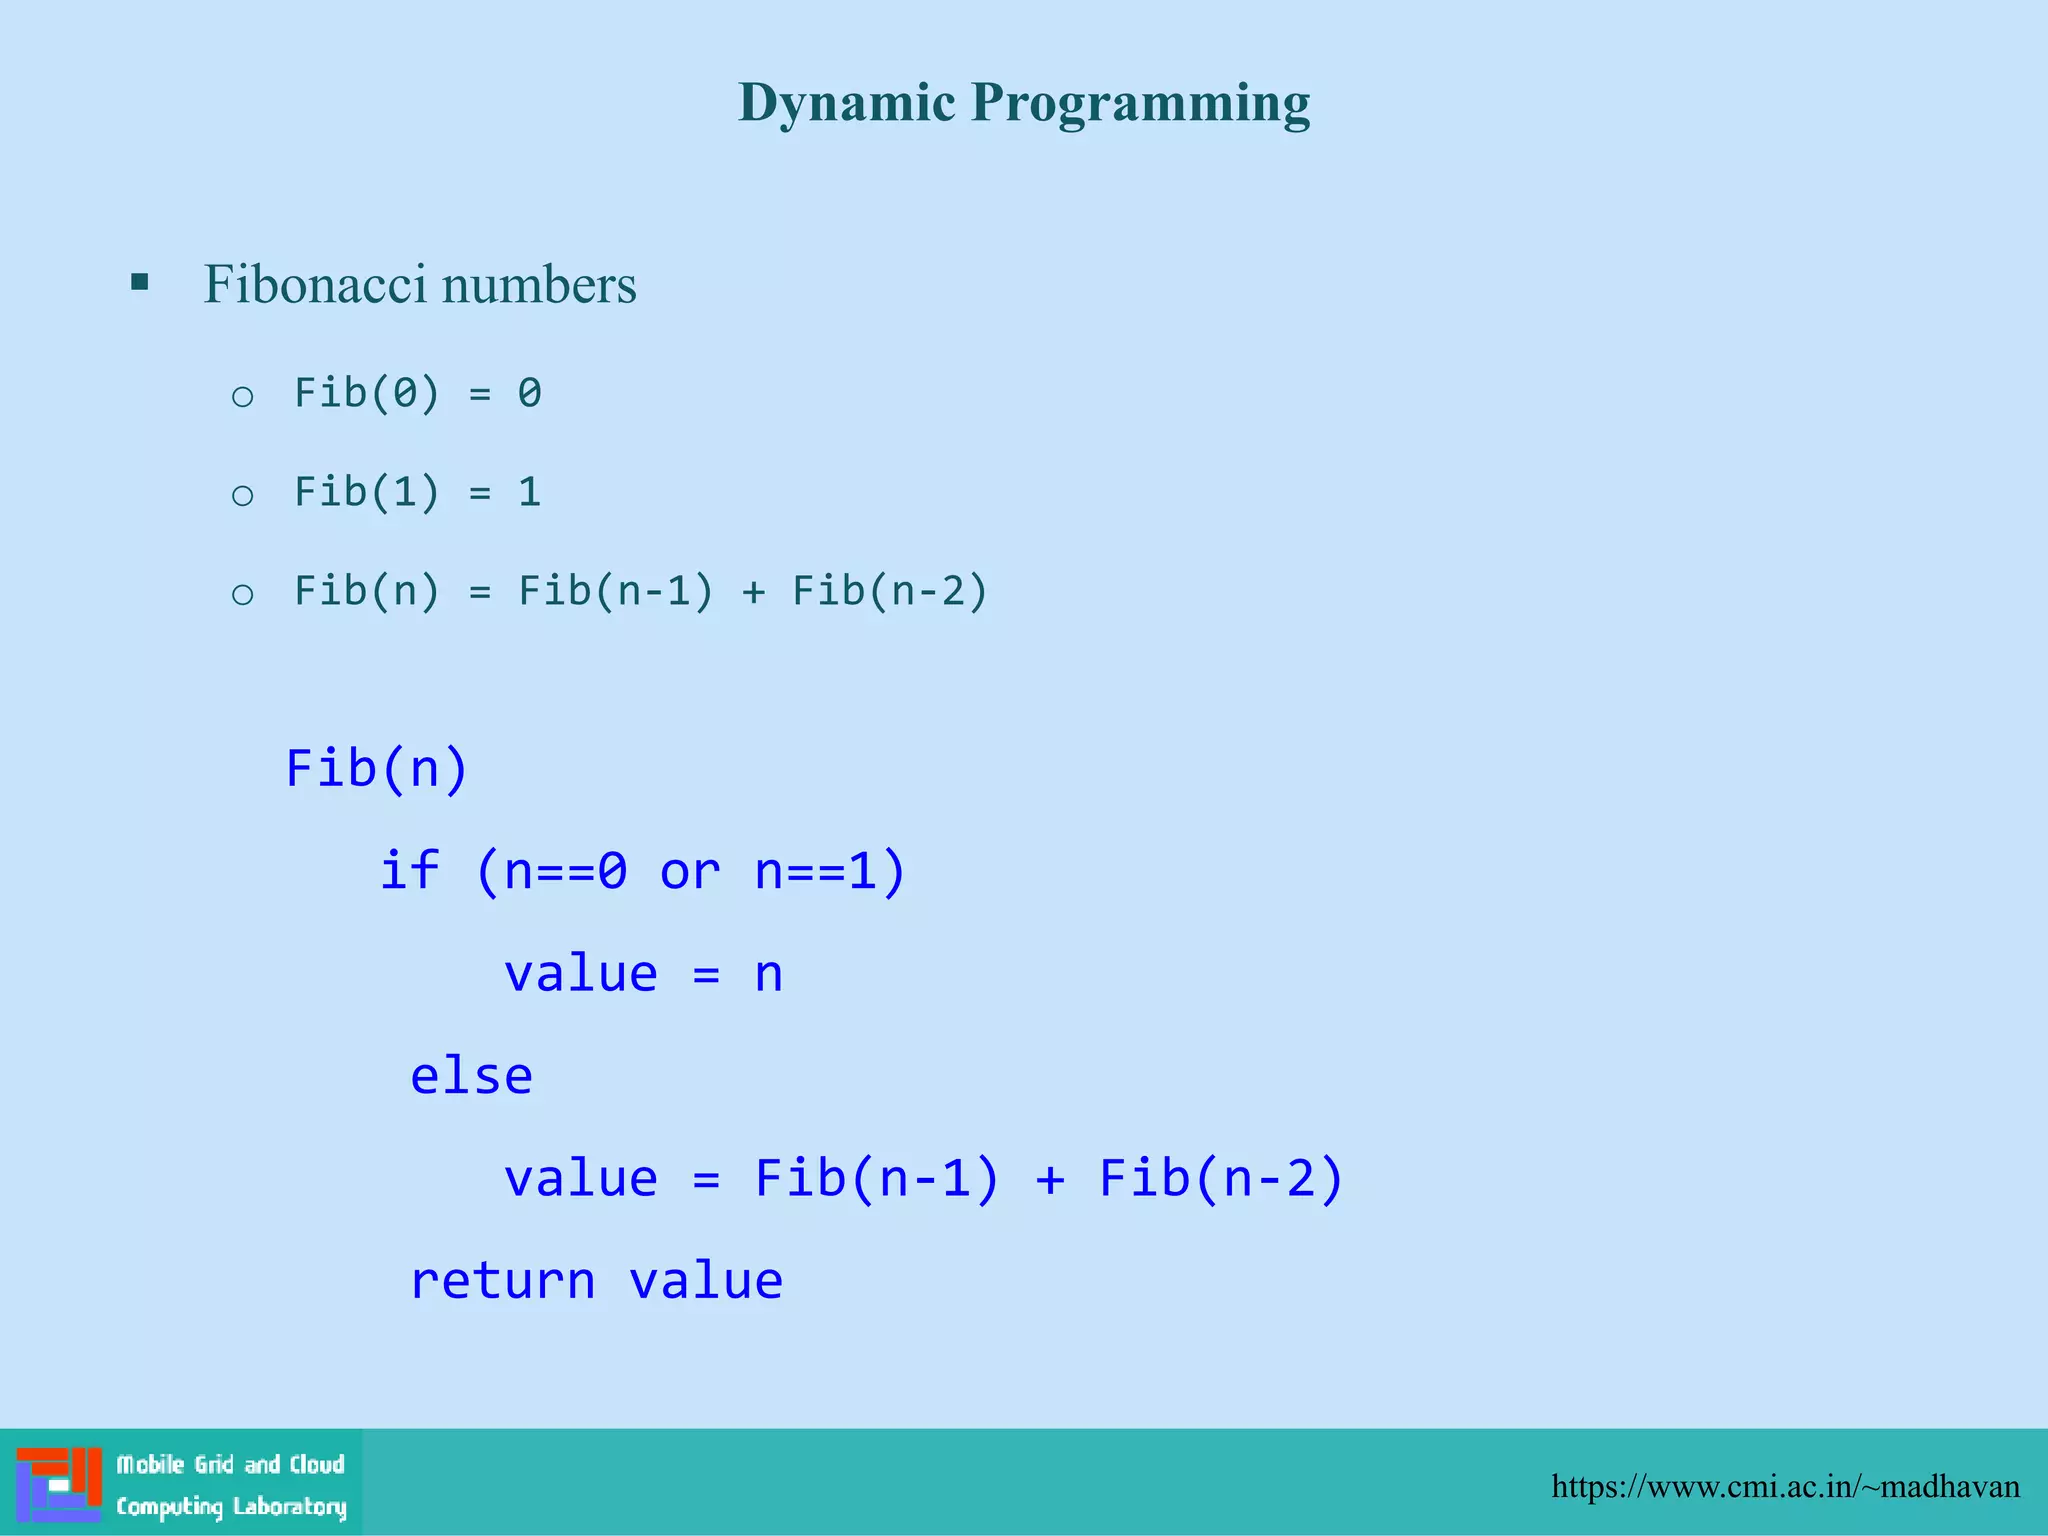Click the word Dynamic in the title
[x=846, y=104]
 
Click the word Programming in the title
[x=1140, y=104]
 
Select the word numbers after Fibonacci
[x=539, y=284]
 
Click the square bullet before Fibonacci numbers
[x=140, y=282]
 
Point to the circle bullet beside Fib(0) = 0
[x=242, y=397]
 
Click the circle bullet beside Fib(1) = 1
[x=242, y=495]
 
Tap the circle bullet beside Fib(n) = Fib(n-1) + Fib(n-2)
[x=242, y=595]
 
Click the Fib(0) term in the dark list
[x=366, y=393]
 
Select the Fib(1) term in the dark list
[x=366, y=492]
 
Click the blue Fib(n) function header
[x=377, y=769]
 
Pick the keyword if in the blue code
[x=409, y=870]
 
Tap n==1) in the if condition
[x=830, y=871]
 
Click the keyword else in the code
[x=471, y=1077]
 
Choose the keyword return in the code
[x=502, y=1281]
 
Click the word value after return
[x=705, y=1281]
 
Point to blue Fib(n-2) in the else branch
[x=1221, y=1178]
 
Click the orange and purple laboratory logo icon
[x=59, y=1484]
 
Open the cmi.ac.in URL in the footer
[x=1785, y=1487]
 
